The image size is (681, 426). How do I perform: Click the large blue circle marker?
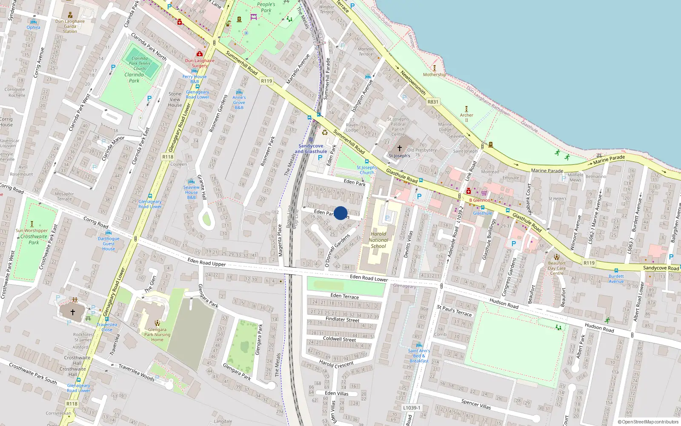[x=340, y=213]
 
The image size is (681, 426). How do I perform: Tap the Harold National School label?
[x=378, y=240]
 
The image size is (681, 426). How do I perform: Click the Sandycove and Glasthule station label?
[x=311, y=149]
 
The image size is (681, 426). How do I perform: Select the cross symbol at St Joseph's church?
[x=399, y=148]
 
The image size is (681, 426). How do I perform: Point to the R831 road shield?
[x=432, y=102]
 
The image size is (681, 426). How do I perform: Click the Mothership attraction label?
[x=435, y=75]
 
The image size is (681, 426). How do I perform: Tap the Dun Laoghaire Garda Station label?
[x=70, y=26]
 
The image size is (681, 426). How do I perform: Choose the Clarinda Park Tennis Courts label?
[x=140, y=63]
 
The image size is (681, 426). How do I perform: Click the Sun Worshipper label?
[x=32, y=230]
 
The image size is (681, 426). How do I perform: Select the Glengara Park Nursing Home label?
[x=157, y=334]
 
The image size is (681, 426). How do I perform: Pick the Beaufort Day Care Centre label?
[x=557, y=268]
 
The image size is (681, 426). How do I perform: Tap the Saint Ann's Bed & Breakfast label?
[x=419, y=356]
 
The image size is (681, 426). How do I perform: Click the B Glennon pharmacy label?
[x=480, y=200]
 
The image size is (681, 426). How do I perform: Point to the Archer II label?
[x=466, y=118]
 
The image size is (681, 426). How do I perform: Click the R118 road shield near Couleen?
[x=168, y=157]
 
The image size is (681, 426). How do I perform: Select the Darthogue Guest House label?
[x=109, y=244]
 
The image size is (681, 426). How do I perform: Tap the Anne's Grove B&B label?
[x=239, y=102]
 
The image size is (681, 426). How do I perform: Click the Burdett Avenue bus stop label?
[x=616, y=279]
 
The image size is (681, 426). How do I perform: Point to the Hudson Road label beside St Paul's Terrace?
[x=504, y=303]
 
